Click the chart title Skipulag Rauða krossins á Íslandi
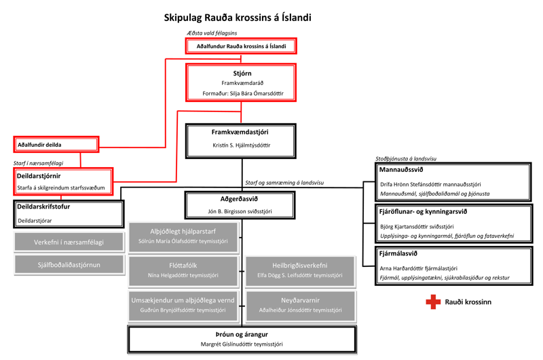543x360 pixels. click(x=238, y=18)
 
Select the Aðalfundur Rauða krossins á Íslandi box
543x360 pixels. click(x=241, y=46)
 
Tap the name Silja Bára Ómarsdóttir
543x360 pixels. click(x=257, y=93)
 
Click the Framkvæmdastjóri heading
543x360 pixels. click(x=241, y=132)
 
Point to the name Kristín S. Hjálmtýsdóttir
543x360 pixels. click(x=241, y=145)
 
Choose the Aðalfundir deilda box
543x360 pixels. click(x=56, y=145)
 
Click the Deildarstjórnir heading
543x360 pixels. click(x=39, y=176)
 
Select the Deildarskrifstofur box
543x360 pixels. click(x=69, y=213)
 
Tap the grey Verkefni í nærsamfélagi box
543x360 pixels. click(x=69, y=242)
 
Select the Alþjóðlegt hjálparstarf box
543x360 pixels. click(x=183, y=236)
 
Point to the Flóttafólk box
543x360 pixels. click(x=183, y=270)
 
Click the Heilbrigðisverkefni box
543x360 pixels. click(x=300, y=270)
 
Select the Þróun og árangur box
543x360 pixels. click(x=241, y=338)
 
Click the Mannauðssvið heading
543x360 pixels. click(x=401, y=170)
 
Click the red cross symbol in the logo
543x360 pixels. click(x=432, y=302)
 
